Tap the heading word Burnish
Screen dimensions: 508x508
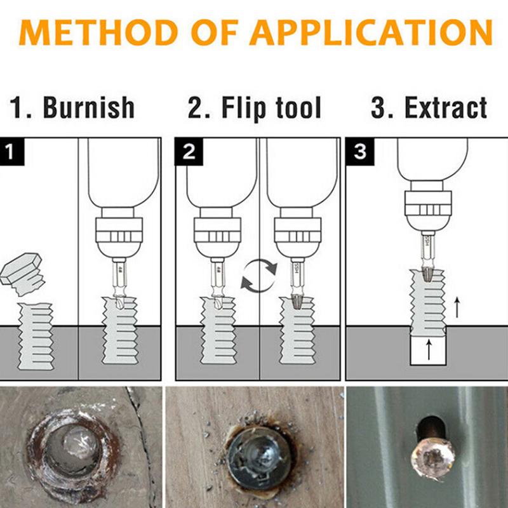89,108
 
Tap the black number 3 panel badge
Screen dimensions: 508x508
359,153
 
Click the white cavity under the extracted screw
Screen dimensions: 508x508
429,351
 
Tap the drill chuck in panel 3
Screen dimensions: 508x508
428,209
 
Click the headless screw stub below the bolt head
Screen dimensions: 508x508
34,337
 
